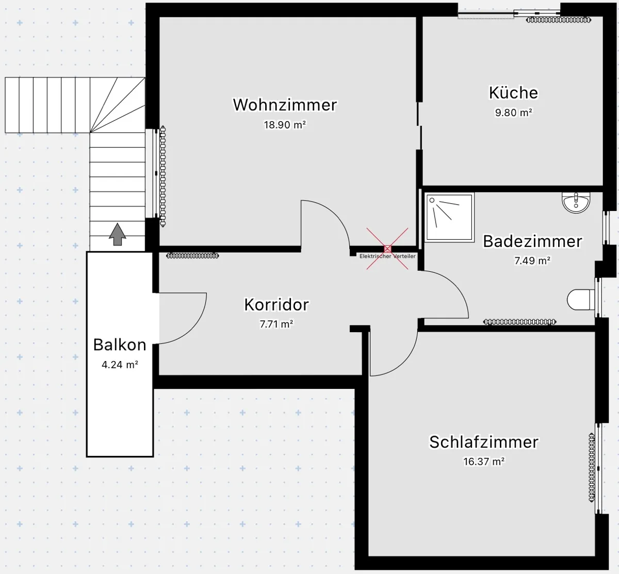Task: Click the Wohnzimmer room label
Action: (x=285, y=105)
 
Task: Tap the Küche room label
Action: (x=513, y=92)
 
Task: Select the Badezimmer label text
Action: (x=532, y=241)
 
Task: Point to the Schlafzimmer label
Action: (x=484, y=442)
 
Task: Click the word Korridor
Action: (x=276, y=304)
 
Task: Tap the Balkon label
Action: (x=120, y=345)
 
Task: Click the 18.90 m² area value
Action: (x=285, y=125)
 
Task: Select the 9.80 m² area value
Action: (x=513, y=112)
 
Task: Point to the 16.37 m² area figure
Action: (x=484, y=461)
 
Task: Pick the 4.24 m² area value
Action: (x=120, y=364)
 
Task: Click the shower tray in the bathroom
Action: (x=449, y=217)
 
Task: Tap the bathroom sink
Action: (x=576, y=203)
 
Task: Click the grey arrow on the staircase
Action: (x=118, y=234)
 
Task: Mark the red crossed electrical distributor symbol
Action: (x=387, y=249)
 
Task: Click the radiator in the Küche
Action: (x=559, y=20)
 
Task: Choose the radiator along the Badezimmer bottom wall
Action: (x=519, y=322)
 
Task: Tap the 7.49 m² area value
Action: (x=532, y=260)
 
